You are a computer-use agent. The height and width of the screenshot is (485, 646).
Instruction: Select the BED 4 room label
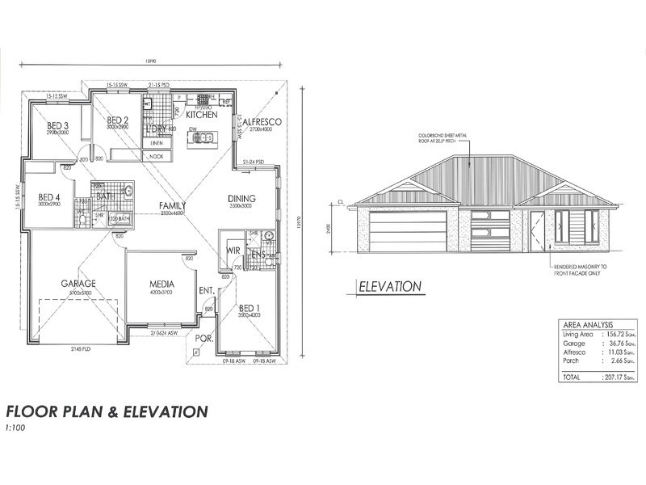click(x=49, y=196)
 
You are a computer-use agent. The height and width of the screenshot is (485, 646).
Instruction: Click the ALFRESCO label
click(x=260, y=122)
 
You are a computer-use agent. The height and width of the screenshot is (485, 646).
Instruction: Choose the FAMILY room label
click(x=172, y=205)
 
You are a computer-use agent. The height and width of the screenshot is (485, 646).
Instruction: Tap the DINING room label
click(x=241, y=198)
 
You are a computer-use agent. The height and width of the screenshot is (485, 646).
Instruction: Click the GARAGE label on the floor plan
click(x=79, y=284)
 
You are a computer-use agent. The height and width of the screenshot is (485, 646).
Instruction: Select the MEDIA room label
click(x=162, y=285)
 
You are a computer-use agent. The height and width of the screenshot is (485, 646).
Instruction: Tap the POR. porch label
click(x=203, y=339)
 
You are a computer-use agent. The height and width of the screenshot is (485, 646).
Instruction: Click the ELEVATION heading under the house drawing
click(x=390, y=286)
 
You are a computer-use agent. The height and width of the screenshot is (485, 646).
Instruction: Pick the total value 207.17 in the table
click(x=618, y=377)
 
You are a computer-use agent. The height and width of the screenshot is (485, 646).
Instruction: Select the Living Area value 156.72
click(x=618, y=333)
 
